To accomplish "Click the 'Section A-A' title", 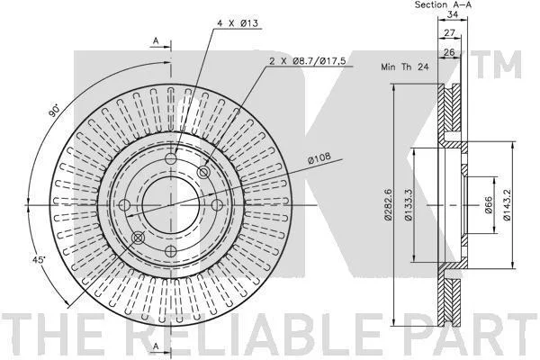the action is (443, 4).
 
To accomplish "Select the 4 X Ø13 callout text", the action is (238, 23).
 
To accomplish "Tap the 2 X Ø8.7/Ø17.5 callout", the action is (307, 61).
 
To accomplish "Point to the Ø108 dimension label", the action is (319, 157).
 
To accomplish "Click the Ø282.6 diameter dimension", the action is (388, 204).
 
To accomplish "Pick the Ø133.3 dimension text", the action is (408, 204).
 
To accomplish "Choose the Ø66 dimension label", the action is (489, 205).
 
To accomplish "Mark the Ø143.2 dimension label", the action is (506, 204).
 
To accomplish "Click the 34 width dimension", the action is (452, 14).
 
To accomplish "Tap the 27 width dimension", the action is (449, 32).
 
